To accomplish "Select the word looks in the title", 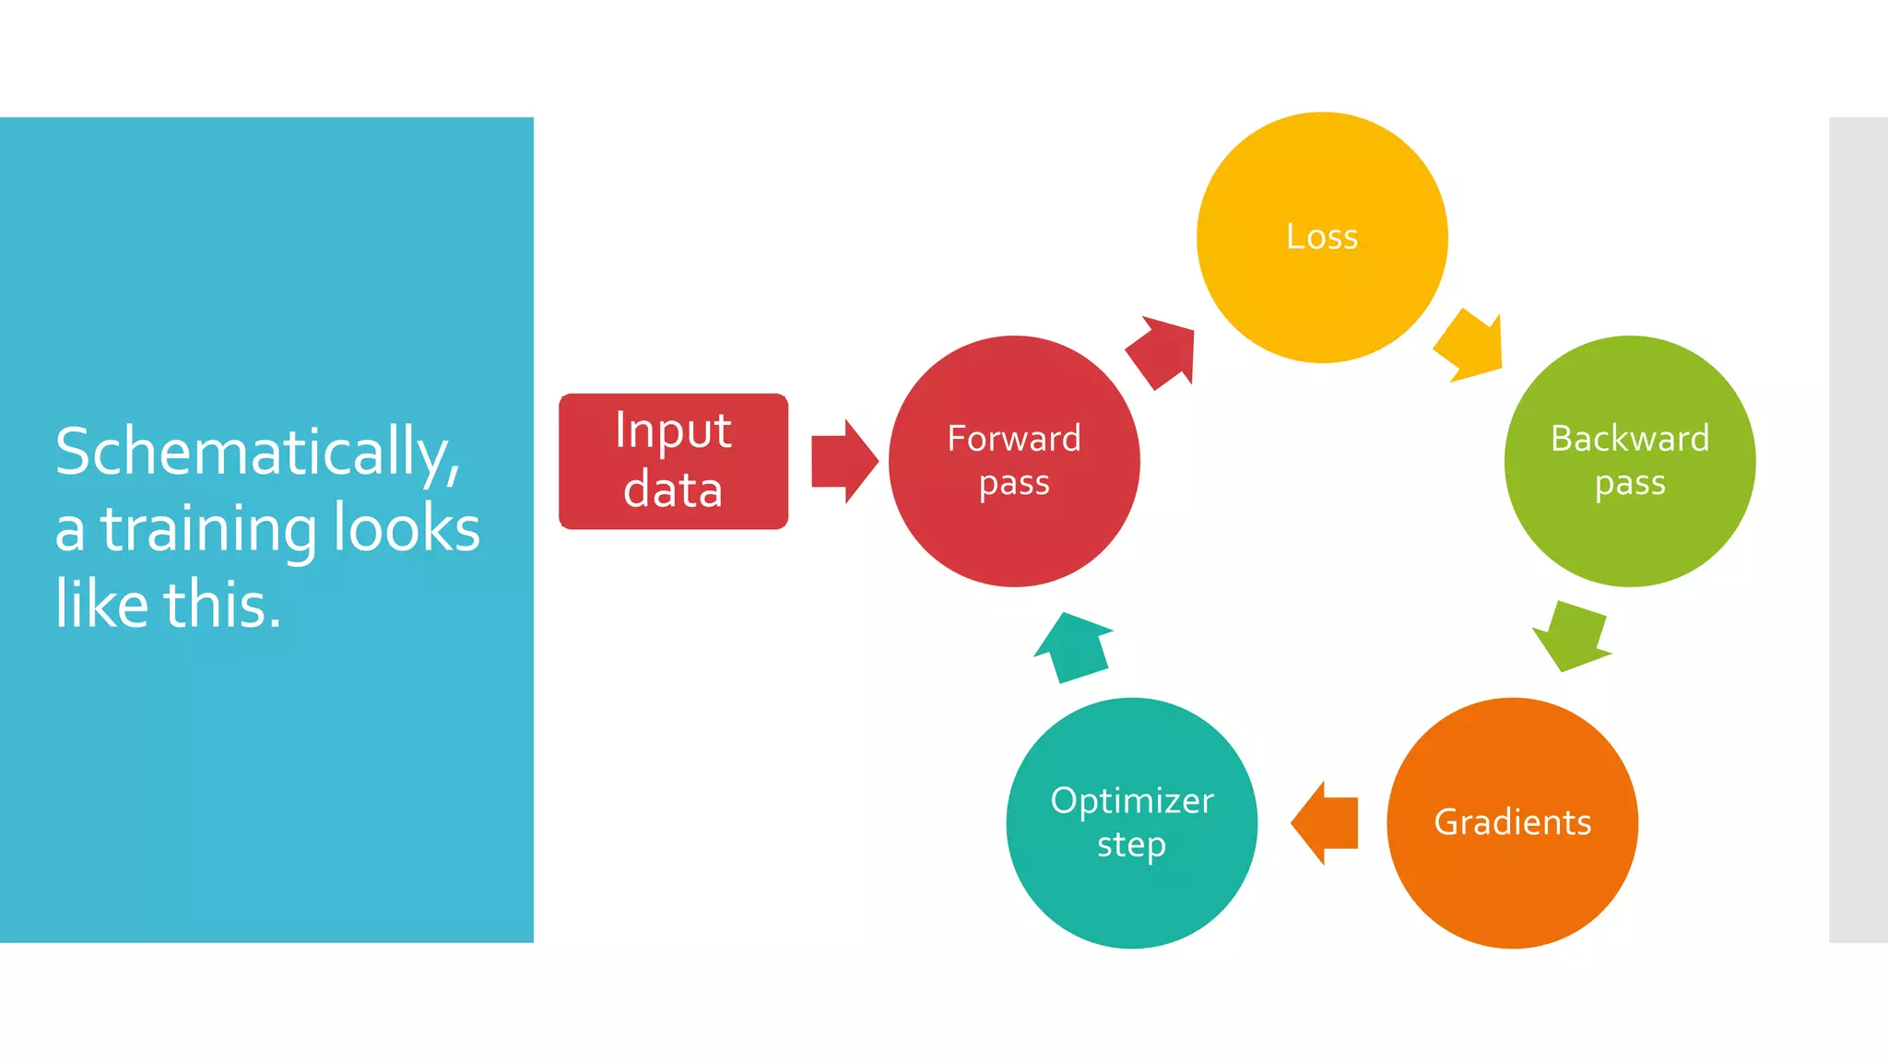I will click(407, 529).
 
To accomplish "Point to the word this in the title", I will click(221, 606).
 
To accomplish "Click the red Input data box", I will click(673, 461).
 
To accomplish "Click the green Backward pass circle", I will click(1630, 535).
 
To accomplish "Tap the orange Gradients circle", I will click(1512, 876).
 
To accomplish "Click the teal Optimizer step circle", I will click(1132, 894).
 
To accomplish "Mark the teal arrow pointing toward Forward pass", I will click(1073, 647).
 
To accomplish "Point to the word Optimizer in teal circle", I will click(1132, 800).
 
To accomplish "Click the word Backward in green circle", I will click(1630, 439).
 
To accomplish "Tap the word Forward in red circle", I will click(1014, 439).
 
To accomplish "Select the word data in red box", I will click(673, 490).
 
